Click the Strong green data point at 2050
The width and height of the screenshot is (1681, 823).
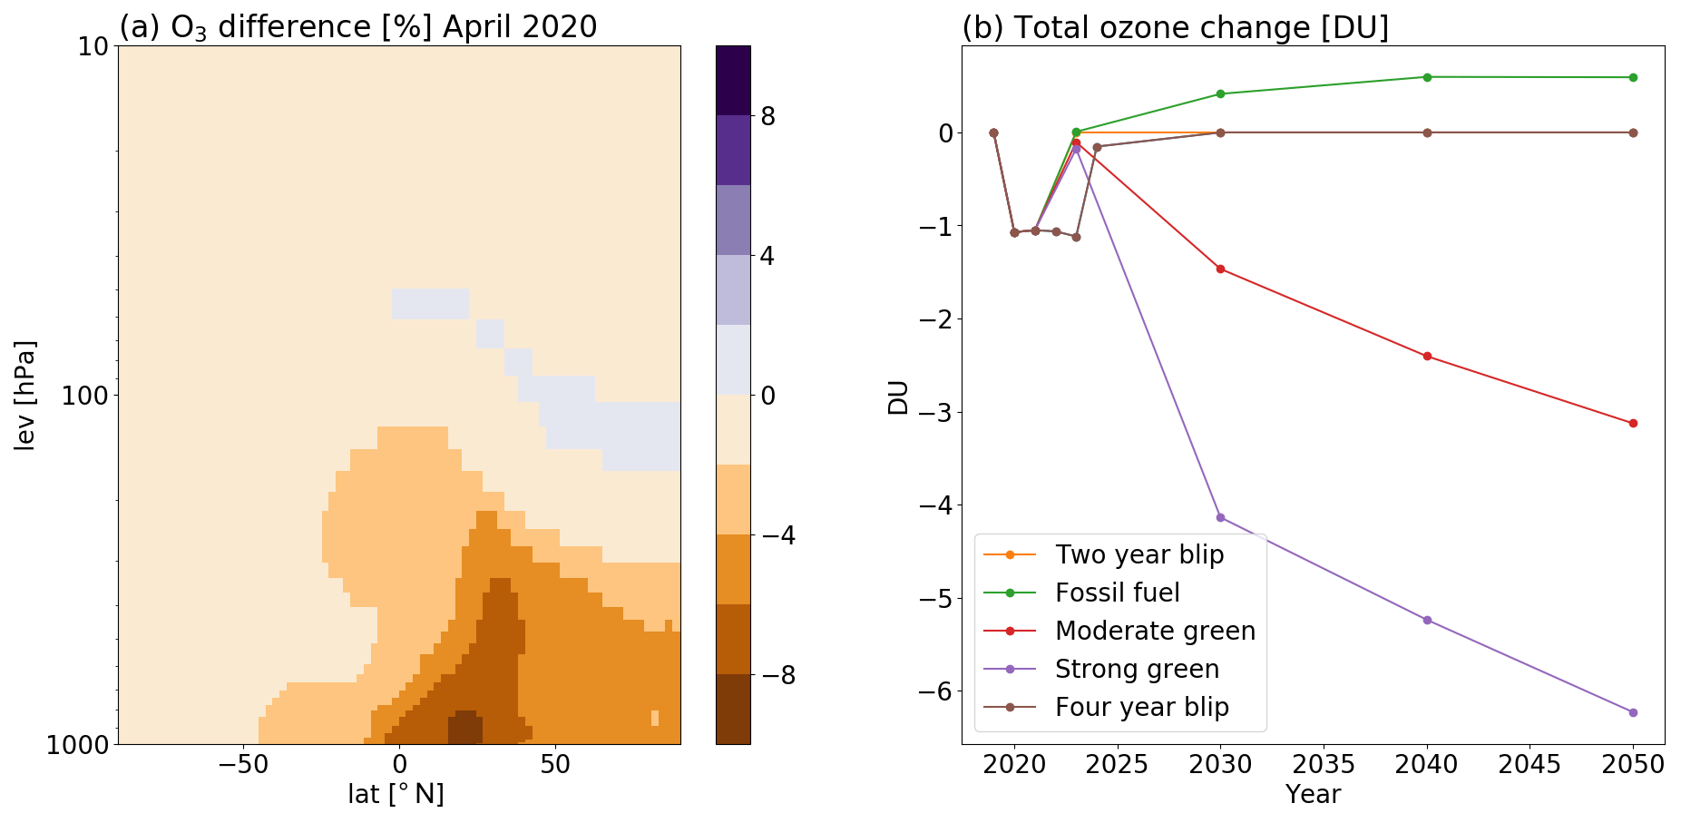pyautogui.click(x=1633, y=712)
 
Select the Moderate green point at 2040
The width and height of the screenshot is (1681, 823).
pyautogui.click(x=1427, y=356)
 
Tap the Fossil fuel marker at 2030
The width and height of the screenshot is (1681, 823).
pyautogui.click(x=1220, y=93)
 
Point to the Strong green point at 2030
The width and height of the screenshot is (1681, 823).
pyautogui.click(x=1220, y=517)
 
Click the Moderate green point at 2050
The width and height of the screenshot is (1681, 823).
pyautogui.click(x=1633, y=423)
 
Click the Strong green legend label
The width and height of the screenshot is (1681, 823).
pyautogui.click(x=1138, y=669)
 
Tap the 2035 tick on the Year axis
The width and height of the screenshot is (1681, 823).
pyautogui.click(x=1324, y=764)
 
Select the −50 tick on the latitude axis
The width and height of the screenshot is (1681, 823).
pyautogui.click(x=243, y=764)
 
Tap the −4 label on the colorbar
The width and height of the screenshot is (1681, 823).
pyautogui.click(x=777, y=534)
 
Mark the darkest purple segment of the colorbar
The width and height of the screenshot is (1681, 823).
pyautogui.click(x=733, y=80)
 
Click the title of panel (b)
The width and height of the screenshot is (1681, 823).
pyautogui.click(x=1175, y=27)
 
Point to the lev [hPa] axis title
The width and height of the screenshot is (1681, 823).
pyautogui.click(x=25, y=395)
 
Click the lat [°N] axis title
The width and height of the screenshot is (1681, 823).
pyautogui.click(x=396, y=794)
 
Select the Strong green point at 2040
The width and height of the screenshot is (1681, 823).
pyautogui.click(x=1427, y=620)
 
